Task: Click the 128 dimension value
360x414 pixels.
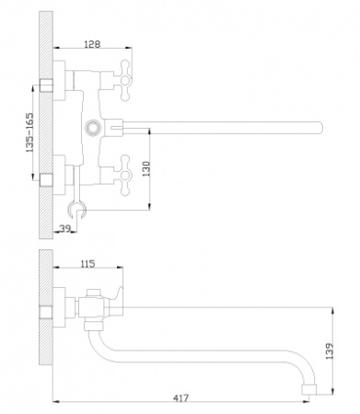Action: [92, 44]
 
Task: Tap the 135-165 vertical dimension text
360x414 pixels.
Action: [29, 132]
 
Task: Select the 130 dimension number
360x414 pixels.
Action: [146, 168]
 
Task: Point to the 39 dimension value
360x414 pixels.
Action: [65, 228]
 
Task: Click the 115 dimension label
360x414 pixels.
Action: [87, 264]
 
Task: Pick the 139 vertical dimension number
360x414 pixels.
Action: [329, 351]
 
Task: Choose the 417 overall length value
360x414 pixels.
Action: [180, 398]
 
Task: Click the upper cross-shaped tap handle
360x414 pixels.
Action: [124, 81]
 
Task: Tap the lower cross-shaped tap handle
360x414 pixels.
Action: [124, 175]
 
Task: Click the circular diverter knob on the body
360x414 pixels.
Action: [92, 127]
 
